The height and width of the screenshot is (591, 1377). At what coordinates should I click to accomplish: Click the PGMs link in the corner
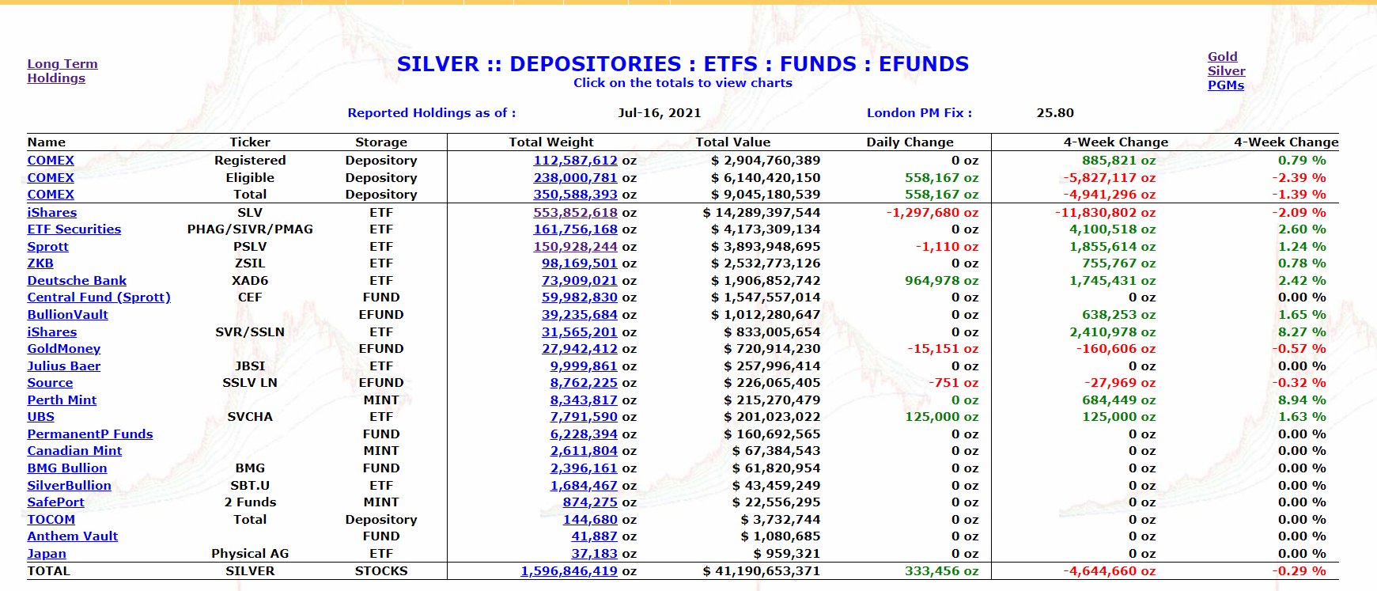[1225, 85]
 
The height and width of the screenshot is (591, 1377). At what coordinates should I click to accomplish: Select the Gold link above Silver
[1222, 57]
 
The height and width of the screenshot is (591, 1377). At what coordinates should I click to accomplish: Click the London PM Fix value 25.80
[1055, 113]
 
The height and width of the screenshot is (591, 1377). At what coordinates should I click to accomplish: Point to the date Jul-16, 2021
[659, 113]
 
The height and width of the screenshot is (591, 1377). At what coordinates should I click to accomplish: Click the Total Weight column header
[550, 142]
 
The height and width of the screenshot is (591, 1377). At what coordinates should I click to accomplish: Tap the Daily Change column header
[910, 142]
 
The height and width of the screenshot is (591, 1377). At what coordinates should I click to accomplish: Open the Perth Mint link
[62, 400]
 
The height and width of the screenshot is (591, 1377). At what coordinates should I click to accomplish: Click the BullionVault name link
[67, 315]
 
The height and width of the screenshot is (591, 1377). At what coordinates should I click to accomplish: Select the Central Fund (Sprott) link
[99, 297]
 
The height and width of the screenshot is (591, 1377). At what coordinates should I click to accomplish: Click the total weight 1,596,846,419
[569, 571]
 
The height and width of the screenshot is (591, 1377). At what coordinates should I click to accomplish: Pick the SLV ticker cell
[250, 213]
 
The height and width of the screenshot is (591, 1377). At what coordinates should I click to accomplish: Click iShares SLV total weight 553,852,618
[575, 213]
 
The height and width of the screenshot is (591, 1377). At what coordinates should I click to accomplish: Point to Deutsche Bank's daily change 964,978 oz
[941, 281]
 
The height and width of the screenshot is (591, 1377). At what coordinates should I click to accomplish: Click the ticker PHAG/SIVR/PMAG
[250, 229]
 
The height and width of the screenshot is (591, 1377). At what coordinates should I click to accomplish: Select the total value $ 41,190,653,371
[761, 571]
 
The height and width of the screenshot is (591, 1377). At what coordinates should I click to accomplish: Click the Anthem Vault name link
[72, 536]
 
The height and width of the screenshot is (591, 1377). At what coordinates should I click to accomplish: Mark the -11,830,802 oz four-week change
[1105, 213]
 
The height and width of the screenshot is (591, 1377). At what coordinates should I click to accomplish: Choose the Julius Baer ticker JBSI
[250, 366]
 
